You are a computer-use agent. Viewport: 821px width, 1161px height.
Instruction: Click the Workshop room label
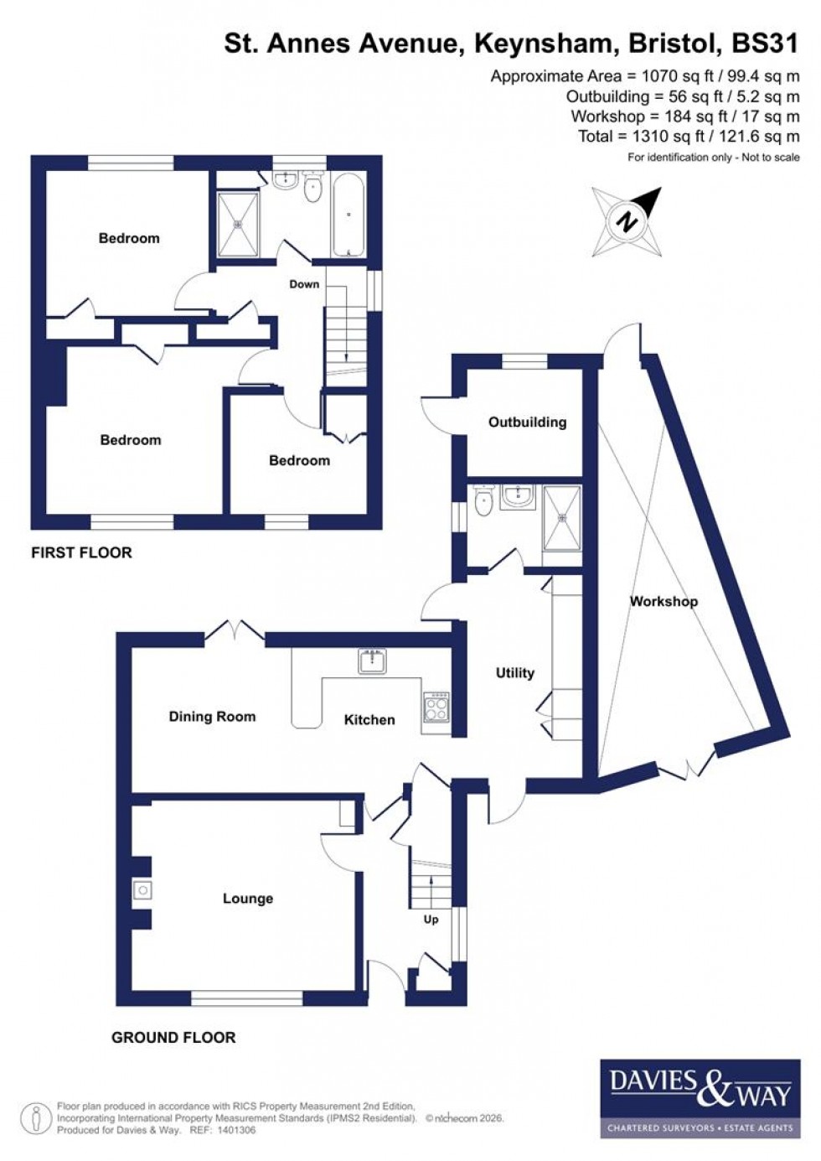(664, 601)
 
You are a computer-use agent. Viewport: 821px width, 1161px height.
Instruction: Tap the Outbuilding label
(527, 422)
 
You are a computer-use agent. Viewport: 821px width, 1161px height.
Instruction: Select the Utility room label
(514, 672)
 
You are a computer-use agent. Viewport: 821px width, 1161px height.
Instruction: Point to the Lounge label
(248, 899)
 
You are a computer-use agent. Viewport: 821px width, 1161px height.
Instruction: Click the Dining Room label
(212, 717)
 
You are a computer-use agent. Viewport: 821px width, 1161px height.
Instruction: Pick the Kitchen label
(369, 719)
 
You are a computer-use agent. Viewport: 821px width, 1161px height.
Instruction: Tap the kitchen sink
(370, 661)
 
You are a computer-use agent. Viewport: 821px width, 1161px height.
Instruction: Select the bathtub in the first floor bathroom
(348, 216)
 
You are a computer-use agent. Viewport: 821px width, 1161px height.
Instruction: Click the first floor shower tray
(239, 224)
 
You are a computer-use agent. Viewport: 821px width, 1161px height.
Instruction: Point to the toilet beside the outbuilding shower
(483, 504)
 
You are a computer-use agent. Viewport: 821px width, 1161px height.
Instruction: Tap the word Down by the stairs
(304, 284)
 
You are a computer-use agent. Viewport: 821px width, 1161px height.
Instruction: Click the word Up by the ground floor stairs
(431, 919)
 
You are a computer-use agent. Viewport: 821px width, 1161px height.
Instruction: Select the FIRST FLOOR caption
(81, 552)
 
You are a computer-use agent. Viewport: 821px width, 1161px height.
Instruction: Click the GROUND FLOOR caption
(173, 1037)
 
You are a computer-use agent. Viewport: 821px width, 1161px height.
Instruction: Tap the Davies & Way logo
(700, 1097)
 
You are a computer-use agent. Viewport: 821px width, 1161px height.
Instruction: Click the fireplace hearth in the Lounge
(142, 890)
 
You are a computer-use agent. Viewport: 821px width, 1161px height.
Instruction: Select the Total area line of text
(689, 136)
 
